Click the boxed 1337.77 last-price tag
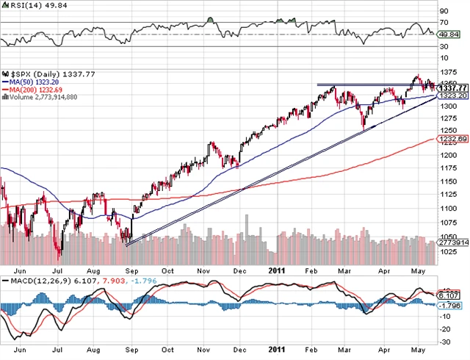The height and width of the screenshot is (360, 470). tap(449, 88)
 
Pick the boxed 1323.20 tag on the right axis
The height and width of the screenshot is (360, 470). tap(449, 96)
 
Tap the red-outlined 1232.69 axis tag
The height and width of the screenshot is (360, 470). tap(449, 139)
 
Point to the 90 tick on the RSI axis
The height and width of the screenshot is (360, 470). tap(443, 12)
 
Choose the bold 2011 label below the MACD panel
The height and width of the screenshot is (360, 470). tap(276, 350)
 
